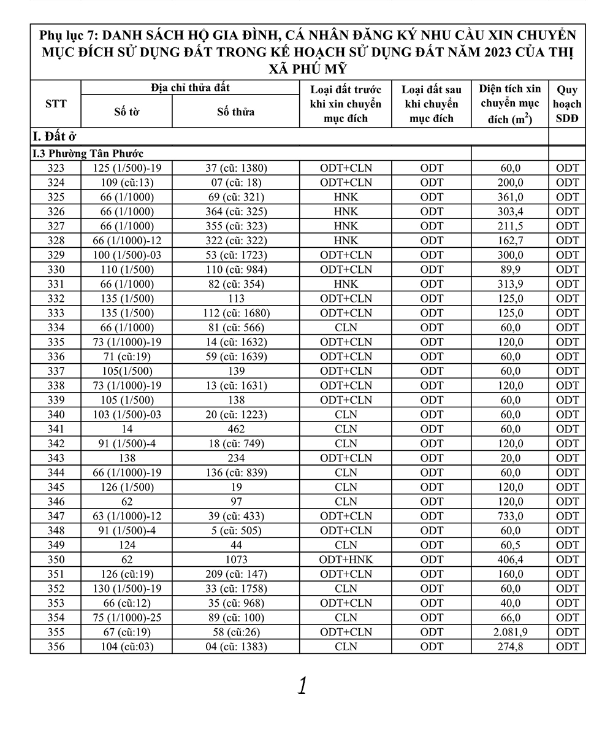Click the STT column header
pyautogui.click(x=56, y=104)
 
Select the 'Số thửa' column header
pyautogui.click(x=235, y=112)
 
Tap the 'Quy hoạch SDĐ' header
pyautogui.click(x=567, y=104)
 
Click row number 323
pyautogui.click(x=56, y=167)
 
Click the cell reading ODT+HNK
pyautogui.click(x=346, y=559)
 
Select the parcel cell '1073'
pyautogui.click(x=235, y=559)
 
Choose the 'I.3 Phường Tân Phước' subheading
pyautogui.click(x=88, y=153)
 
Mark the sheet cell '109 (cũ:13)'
pyautogui.click(x=127, y=182)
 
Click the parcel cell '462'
pyautogui.click(x=235, y=429)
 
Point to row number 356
pyautogui.click(x=56, y=647)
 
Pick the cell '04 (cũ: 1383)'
pyautogui.click(x=235, y=647)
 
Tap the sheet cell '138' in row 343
pyautogui.click(x=127, y=458)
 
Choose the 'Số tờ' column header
pyautogui.click(x=127, y=112)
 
